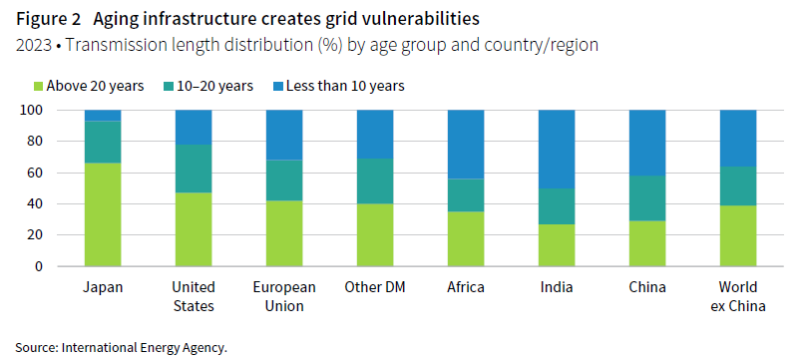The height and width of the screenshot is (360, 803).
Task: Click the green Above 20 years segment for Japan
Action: coord(103,214)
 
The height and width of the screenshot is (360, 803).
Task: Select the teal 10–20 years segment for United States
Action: coord(194,169)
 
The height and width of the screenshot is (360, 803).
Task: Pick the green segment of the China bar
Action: coord(648,243)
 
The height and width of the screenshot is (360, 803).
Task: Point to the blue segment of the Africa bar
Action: coord(467,144)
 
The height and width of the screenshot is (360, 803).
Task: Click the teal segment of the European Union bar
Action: coord(284,180)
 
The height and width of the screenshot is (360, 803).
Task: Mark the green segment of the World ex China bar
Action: coord(739,235)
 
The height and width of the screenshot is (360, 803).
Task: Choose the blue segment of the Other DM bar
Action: coord(375,134)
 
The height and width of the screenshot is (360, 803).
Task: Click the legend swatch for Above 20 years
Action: coord(40,86)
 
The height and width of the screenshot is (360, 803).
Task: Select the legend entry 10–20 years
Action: coord(210,86)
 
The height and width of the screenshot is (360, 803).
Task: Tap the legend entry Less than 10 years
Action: coord(344,86)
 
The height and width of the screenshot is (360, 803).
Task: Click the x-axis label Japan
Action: coord(103,287)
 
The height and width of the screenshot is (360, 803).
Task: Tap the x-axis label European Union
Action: coord(284,296)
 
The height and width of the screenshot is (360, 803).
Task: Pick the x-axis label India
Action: coord(558,287)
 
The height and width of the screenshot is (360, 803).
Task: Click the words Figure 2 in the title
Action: coord(48,18)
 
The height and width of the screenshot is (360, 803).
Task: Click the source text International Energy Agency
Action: coord(145,348)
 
